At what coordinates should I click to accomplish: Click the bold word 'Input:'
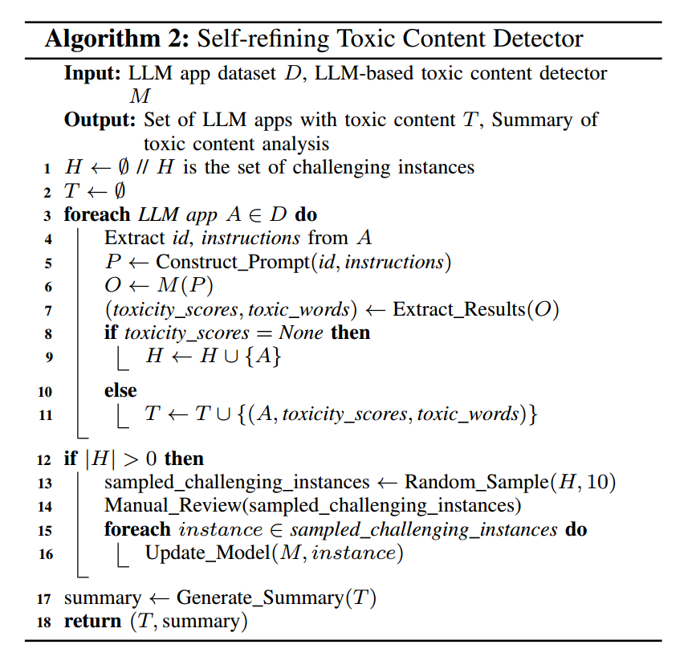tap(92, 74)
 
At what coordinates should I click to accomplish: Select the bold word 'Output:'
tap(100, 120)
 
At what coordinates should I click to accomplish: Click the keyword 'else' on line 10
tap(120, 391)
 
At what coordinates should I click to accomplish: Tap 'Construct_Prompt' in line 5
tap(220, 262)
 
